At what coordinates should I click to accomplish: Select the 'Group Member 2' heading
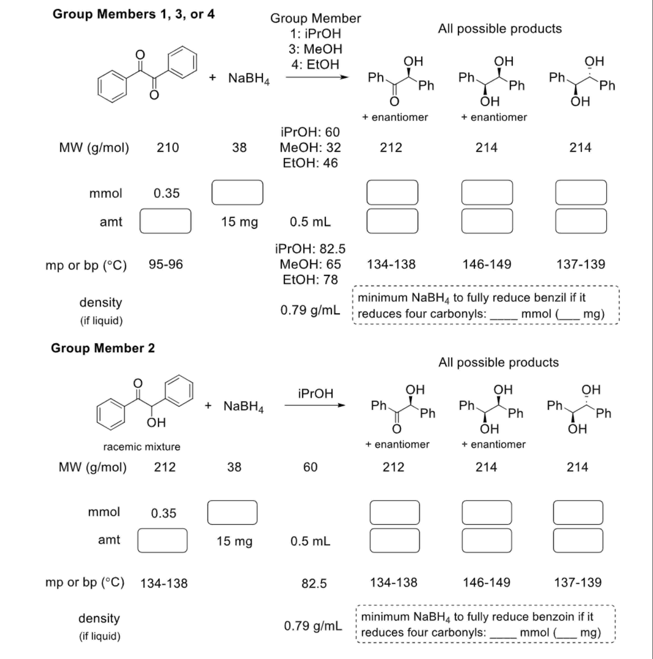pyautogui.click(x=103, y=348)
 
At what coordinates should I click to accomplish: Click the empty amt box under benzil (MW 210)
pyautogui.click(x=165, y=221)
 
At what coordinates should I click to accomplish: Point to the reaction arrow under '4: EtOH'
pyautogui.click(x=317, y=77)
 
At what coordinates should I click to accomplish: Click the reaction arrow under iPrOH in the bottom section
pyautogui.click(x=315, y=405)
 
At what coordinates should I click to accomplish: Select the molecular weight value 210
pyautogui.click(x=168, y=148)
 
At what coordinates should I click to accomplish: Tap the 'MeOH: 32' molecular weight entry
pyautogui.click(x=310, y=148)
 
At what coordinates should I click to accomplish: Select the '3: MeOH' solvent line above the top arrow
pyautogui.click(x=315, y=49)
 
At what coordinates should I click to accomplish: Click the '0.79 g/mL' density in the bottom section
pyautogui.click(x=313, y=626)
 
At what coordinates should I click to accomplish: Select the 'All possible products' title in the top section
pyautogui.click(x=500, y=29)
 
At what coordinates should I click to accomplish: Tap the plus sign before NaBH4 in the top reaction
pyautogui.click(x=212, y=78)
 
